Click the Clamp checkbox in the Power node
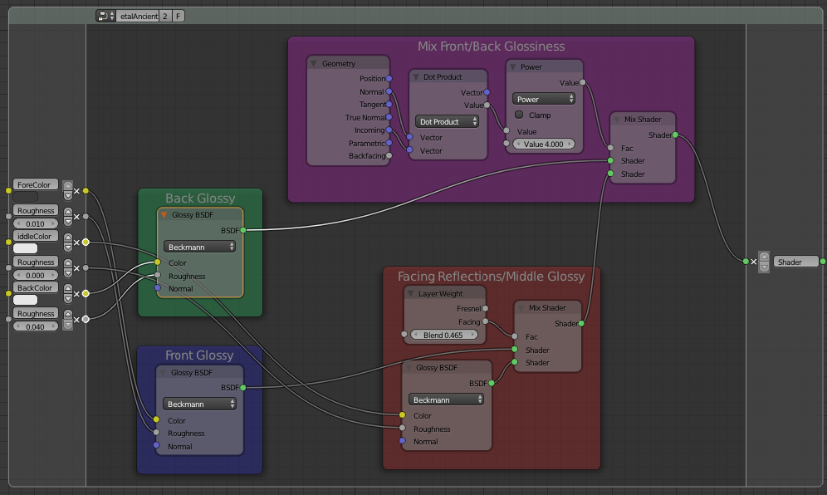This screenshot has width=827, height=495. click(519, 115)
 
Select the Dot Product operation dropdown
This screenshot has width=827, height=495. click(447, 121)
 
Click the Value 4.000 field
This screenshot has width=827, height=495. click(543, 144)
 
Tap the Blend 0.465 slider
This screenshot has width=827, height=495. click(443, 335)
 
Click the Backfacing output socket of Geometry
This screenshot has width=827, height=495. click(389, 155)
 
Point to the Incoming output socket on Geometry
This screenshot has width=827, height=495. click(389, 130)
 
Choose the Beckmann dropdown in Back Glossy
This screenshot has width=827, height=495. click(199, 247)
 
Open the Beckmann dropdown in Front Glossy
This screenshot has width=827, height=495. click(198, 404)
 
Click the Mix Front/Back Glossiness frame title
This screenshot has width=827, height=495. click(491, 47)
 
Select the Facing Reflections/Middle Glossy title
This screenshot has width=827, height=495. click(491, 276)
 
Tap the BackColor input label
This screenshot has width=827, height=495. click(36, 287)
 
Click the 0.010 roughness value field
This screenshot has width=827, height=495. click(36, 223)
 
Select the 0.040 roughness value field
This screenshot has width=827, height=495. click(36, 326)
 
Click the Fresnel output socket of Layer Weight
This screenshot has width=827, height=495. click(485, 308)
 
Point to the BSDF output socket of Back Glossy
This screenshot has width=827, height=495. click(243, 230)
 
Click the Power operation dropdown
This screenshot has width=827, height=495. click(543, 99)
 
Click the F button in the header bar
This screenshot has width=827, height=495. click(179, 16)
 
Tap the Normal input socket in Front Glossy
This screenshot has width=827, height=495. click(157, 445)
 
